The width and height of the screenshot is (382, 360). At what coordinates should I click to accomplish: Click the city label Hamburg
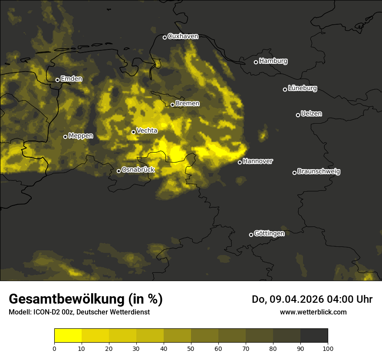click(x=273, y=61)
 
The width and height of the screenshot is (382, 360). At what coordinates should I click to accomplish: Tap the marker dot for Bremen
click(x=172, y=105)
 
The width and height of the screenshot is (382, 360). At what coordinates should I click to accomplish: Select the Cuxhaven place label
click(x=183, y=36)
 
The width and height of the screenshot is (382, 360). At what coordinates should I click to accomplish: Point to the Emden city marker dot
click(x=57, y=80)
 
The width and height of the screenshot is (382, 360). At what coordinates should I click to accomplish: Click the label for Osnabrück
click(x=138, y=170)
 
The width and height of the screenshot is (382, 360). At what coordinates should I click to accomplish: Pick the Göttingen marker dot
click(x=251, y=235)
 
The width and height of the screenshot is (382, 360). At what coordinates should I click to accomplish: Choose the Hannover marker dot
click(x=240, y=162)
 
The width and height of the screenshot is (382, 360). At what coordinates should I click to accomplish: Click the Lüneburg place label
click(x=302, y=88)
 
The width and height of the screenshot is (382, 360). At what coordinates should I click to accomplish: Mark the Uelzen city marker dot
click(x=298, y=115)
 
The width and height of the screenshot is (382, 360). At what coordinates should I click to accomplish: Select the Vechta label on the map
click(x=147, y=131)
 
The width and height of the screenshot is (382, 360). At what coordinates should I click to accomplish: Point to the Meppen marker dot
click(x=65, y=137)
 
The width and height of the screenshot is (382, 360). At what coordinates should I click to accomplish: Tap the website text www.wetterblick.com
click(x=313, y=312)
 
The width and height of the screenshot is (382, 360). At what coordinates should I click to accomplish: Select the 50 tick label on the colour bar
click(x=191, y=348)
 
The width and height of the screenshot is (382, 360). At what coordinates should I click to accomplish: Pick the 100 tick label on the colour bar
click(x=328, y=348)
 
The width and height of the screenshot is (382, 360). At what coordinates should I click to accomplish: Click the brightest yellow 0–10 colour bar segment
click(x=68, y=336)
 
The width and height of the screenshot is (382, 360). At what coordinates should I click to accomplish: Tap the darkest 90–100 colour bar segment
click(x=314, y=336)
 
